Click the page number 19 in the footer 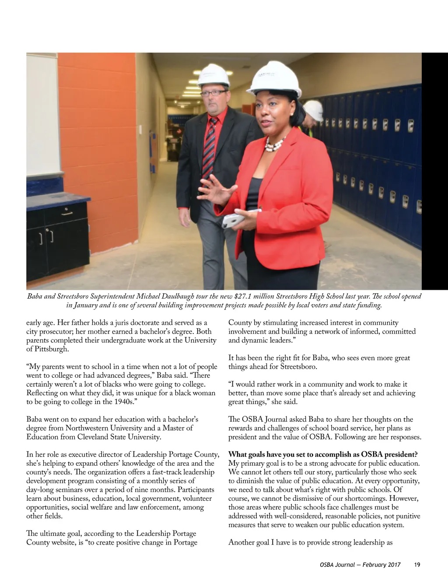(416, 565)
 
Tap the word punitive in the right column (406, 516)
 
